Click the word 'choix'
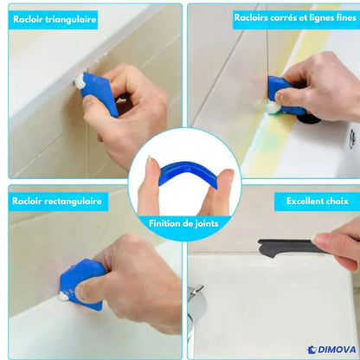(x=337, y=201)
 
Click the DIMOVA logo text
(x=337, y=350)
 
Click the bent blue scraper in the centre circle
(x=187, y=171)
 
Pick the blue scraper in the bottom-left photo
(x=81, y=283)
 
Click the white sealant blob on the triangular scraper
(x=79, y=81)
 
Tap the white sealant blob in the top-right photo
(x=272, y=108)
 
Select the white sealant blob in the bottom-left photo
(x=63, y=296)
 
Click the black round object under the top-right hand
(x=309, y=119)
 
